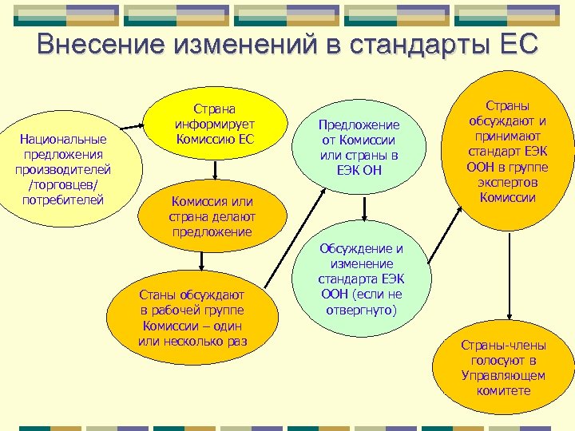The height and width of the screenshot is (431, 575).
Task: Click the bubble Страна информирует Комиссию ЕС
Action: click(x=215, y=124)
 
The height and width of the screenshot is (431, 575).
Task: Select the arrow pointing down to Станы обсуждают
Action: click(x=201, y=261)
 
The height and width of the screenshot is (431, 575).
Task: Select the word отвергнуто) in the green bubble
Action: click(x=362, y=307)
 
